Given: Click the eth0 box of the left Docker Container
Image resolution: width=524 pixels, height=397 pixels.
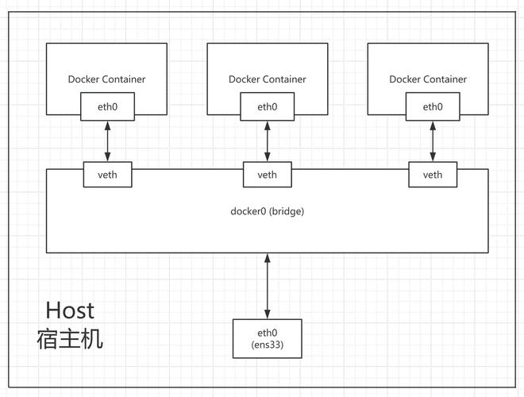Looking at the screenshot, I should [107, 106].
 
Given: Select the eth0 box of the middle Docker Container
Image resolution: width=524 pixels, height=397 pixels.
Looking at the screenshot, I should [268, 106].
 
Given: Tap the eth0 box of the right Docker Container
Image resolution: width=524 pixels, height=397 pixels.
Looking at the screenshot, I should [433, 106].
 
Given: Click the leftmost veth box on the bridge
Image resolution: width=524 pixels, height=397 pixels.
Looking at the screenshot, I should [107, 175].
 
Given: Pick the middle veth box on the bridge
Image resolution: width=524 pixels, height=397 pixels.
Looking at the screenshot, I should [268, 175].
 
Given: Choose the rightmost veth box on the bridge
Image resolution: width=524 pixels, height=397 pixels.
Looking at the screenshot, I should [433, 175].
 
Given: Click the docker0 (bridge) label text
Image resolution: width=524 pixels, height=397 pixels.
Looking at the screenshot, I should [268, 211].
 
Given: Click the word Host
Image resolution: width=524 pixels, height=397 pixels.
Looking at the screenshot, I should [70, 310].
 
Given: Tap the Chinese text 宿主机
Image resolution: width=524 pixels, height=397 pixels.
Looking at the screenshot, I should [70, 340].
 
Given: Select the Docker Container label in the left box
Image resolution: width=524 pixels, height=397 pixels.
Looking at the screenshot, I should [107, 79].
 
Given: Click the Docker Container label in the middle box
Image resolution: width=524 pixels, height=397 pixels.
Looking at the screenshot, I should [268, 79].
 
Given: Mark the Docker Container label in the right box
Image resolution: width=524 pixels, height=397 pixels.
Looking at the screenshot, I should [428, 79].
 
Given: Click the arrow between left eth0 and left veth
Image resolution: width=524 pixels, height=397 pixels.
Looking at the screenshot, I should [107, 141].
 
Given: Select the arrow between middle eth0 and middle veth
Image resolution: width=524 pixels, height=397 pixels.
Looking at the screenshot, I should [268, 141].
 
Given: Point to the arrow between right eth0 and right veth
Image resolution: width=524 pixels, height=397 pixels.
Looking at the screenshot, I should [433, 141].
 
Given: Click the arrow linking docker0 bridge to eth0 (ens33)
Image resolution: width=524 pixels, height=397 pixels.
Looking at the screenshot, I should [268, 286].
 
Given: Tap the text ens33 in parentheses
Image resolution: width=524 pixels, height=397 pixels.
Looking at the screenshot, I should [268, 344].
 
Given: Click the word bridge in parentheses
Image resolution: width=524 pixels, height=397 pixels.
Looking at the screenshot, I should [287, 211].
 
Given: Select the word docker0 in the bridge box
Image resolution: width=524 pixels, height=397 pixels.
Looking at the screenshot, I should [249, 211].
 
